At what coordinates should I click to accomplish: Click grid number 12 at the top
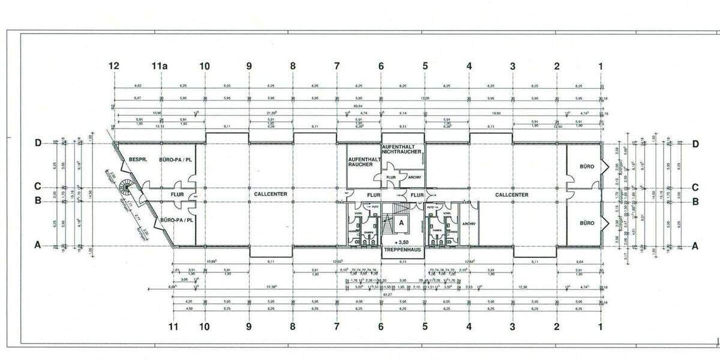tap(114, 65)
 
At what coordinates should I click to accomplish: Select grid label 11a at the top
tap(159, 65)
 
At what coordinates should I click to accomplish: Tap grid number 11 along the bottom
tap(173, 327)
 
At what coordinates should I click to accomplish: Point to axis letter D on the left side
tap(38, 143)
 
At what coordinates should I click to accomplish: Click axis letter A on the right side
tap(695, 245)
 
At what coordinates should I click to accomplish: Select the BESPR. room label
tap(139, 160)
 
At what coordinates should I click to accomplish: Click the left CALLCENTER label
tap(271, 194)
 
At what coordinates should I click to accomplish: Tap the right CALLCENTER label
tap(512, 194)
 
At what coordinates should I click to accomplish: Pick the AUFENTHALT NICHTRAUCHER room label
tap(403, 150)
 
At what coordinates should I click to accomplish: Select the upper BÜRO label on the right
tap(586, 166)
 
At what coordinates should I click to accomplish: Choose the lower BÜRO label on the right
tap(586, 223)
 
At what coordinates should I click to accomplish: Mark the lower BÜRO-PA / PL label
tap(175, 220)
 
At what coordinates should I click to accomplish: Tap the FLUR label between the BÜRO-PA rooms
tap(176, 194)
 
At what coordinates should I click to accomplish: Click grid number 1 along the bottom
tap(600, 327)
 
